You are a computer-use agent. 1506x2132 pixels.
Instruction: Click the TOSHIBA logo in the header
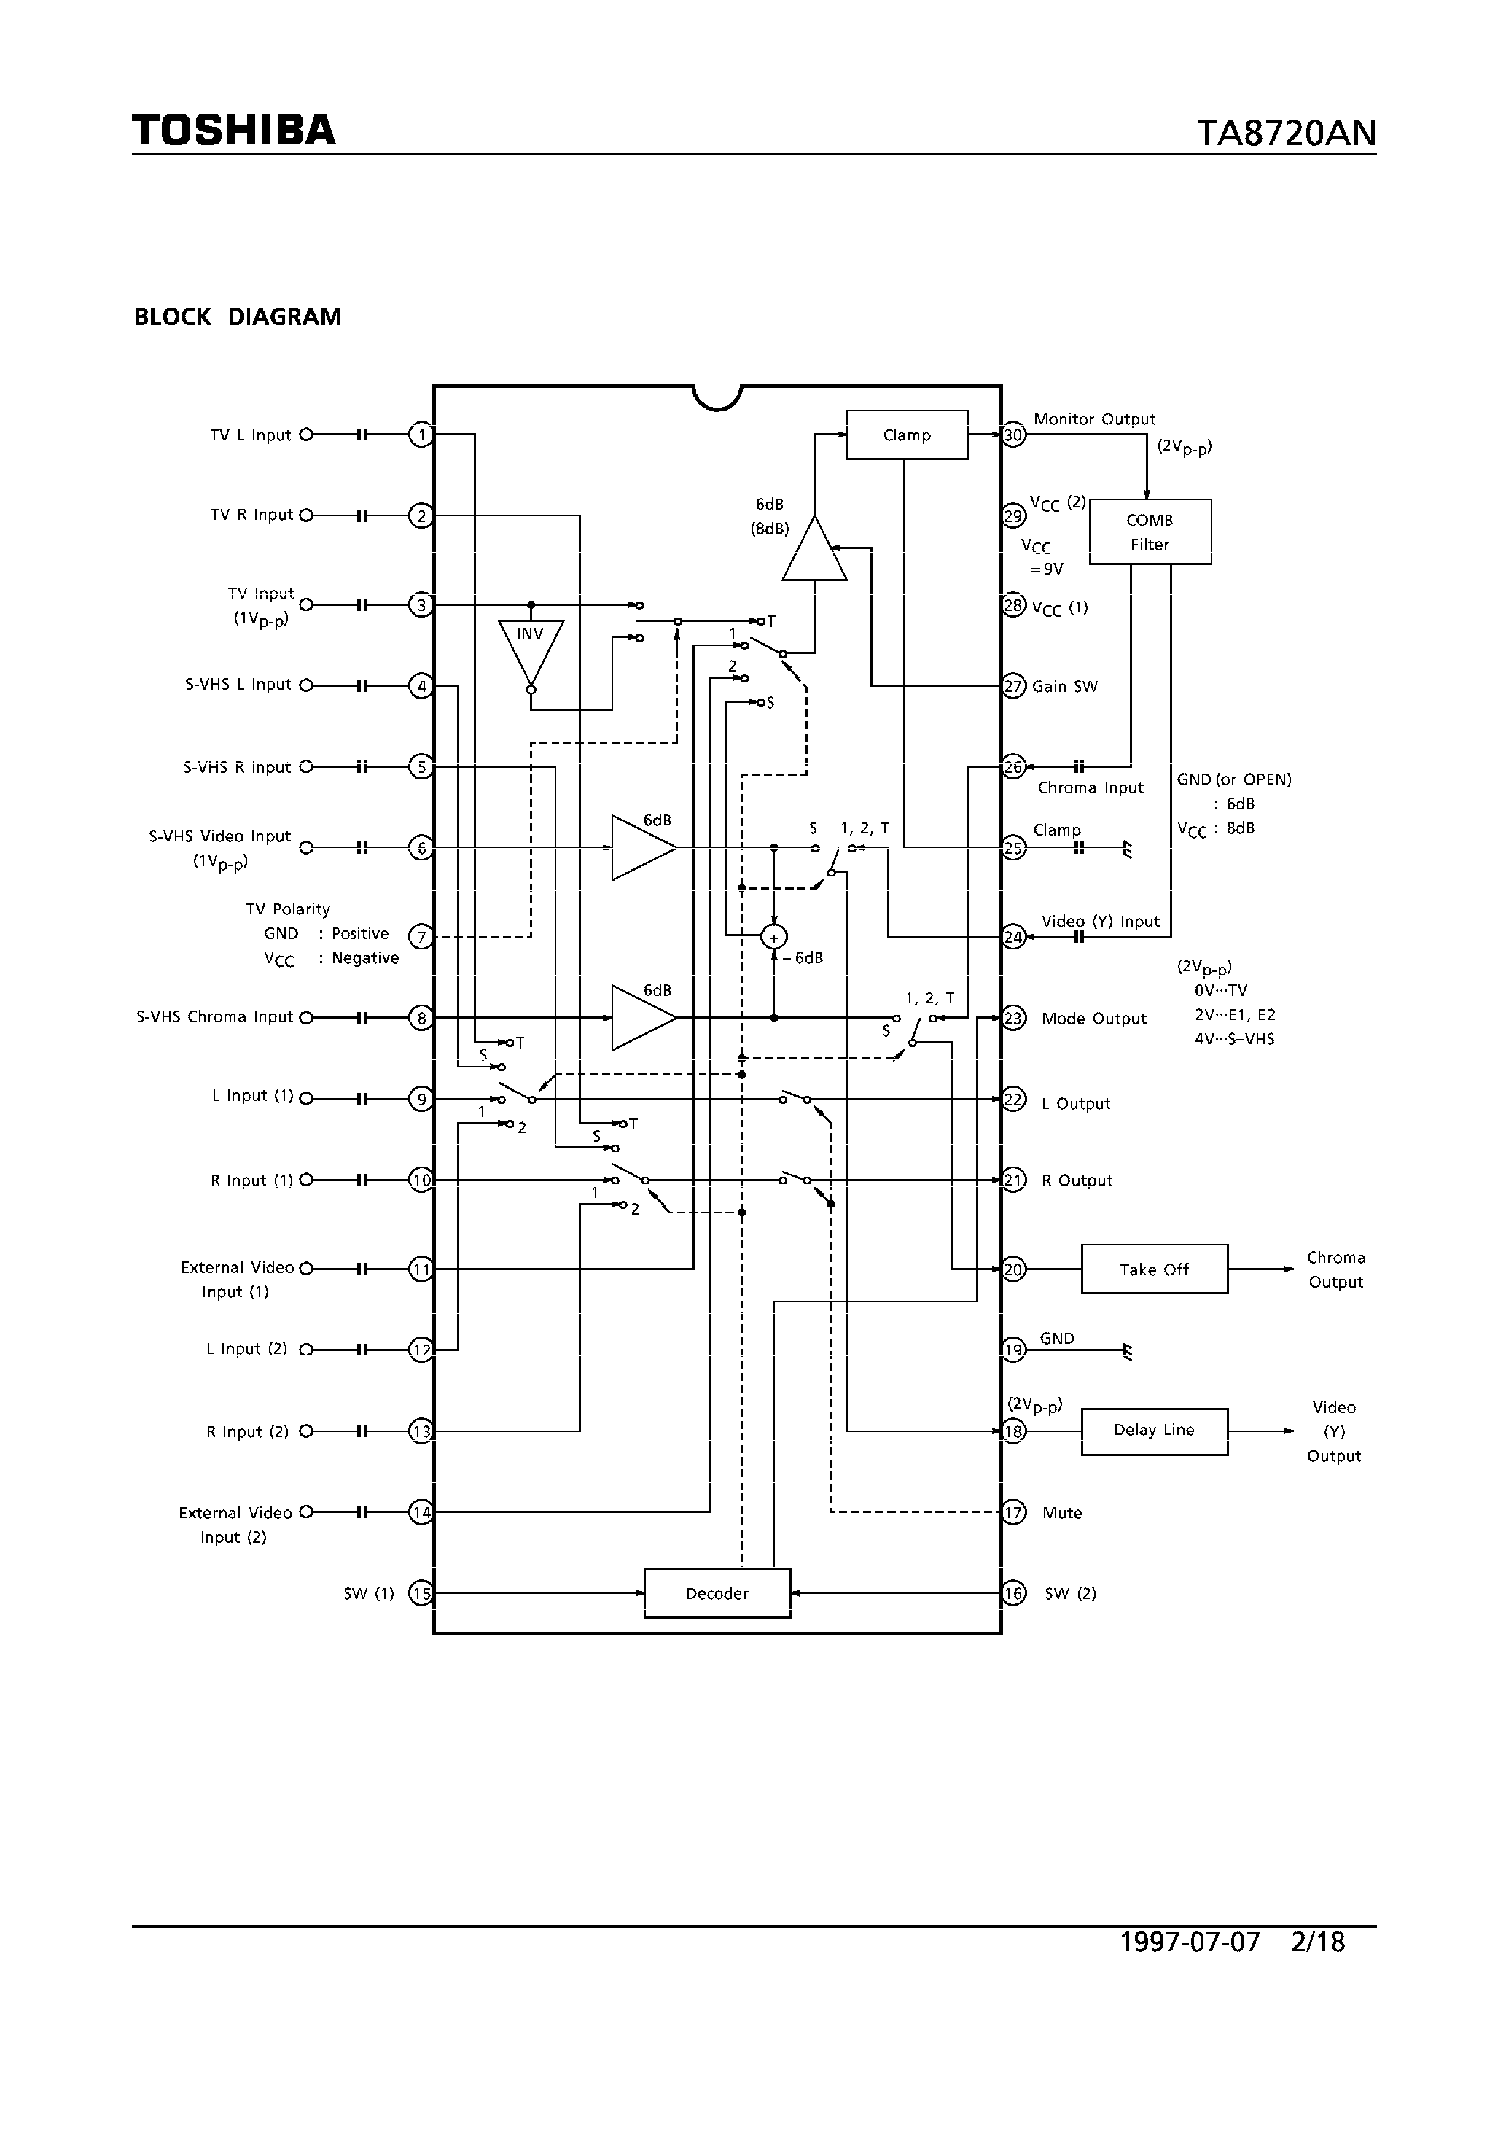click(x=233, y=130)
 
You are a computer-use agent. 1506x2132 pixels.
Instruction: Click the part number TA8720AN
click(x=1285, y=133)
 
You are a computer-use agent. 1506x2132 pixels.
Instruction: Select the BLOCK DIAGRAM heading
click(x=238, y=318)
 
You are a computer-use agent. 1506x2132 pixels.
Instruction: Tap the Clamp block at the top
click(x=906, y=435)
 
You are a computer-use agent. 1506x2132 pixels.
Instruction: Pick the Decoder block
click(x=717, y=1593)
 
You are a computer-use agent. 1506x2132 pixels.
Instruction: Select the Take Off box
click(x=1153, y=1269)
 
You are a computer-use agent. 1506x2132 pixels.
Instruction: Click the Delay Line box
click(x=1153, y=1430)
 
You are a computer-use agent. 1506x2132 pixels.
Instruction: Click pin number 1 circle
click(x=421, y=435)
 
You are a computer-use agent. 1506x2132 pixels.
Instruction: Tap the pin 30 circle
click(x=1013, y=435)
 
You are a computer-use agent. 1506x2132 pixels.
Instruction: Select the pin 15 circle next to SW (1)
click(x=421, y=1593)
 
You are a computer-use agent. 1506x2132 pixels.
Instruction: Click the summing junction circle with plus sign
click(x=773, y=938)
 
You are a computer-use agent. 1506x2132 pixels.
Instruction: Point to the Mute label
click(x=1061, y=1513)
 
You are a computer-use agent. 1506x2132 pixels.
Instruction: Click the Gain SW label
click(x=1064, y=687)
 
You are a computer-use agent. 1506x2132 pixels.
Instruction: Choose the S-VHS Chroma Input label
click(x=214, y=1017)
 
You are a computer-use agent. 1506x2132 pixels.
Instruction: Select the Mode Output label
click(x=1093, y=1019)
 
